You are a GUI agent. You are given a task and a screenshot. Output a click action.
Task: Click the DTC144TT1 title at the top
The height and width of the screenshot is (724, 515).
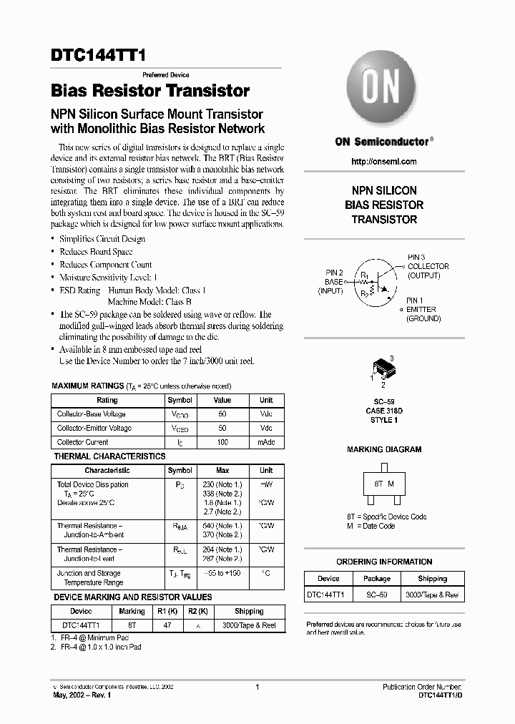click(97, 59)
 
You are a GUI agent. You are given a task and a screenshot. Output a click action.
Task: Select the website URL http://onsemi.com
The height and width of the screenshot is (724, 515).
click(384, 162)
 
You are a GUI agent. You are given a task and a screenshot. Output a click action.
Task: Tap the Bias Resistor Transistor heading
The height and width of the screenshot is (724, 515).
click(150, 92)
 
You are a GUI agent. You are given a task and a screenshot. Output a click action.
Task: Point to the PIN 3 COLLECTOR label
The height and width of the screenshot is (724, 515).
click(428, 266)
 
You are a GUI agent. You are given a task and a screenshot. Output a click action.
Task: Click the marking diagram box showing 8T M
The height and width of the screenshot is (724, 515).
click(384, 484)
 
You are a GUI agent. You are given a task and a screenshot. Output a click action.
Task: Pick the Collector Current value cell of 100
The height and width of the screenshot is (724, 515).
click(222, 442)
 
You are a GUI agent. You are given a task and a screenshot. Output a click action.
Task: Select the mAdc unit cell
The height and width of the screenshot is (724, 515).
click(266, 442)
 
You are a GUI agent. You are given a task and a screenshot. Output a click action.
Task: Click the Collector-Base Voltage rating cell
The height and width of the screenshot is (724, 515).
click(92, 414)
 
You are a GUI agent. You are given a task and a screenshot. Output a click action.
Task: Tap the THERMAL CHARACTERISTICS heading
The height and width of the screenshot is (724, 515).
click(109, 456)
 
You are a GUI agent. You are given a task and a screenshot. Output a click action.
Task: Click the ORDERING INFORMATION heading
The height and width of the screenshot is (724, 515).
click(384, 562)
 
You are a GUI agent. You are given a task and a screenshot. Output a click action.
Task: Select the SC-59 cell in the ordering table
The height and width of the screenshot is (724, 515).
click(376, 595)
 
